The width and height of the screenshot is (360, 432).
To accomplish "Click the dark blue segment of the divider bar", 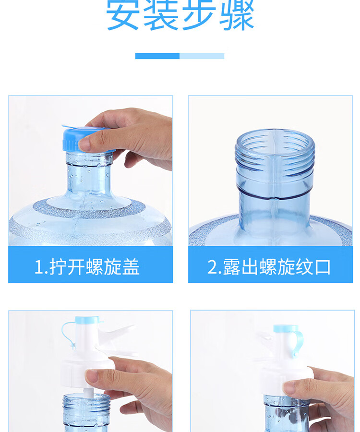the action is pyautogui.click(x=157, y=56).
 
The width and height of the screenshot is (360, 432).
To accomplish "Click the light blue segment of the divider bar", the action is pyautogui.click(x=202, y=56).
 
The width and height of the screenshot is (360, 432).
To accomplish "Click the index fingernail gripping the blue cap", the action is pyautogui.click(x=84, y=144).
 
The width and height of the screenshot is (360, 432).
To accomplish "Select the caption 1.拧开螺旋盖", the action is pyautogui.click(x=87, y=267).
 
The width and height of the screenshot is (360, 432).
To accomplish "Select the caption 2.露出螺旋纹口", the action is pyautogui.click(x=269, y=267).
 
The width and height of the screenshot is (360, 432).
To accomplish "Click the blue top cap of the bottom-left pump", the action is pyautogui.click(x=87, y=320).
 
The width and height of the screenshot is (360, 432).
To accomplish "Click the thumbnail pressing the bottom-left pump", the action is pyautogui.click(x=92, y=376).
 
